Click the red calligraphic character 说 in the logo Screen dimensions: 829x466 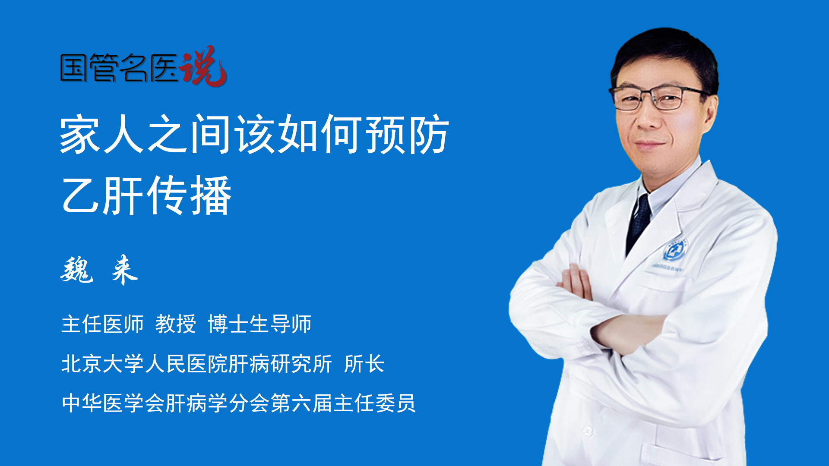(x=203, y=66)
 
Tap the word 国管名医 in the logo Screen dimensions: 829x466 (x=119, y=68)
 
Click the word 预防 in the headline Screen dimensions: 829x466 (x=407, y=134)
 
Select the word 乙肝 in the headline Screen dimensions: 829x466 (x=102, y=195)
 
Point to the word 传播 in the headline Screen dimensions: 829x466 (x=189, y=195)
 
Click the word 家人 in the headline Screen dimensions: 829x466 (x=102, y=134)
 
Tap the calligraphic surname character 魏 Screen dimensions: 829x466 (x=77, y=269)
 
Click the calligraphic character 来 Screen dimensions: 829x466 (x=124, y=270)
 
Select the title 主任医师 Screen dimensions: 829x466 (x=102, y=324)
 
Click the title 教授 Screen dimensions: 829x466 (x=176, y=324)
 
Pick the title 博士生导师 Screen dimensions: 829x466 (x=259, y=324)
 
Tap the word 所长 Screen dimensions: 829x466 (x=364, y=363)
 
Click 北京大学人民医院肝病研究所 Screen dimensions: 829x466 (x=197, y=363)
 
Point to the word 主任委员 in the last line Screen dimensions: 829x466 (x=374, y=403)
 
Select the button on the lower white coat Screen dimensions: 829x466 (x=587, y=430)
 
